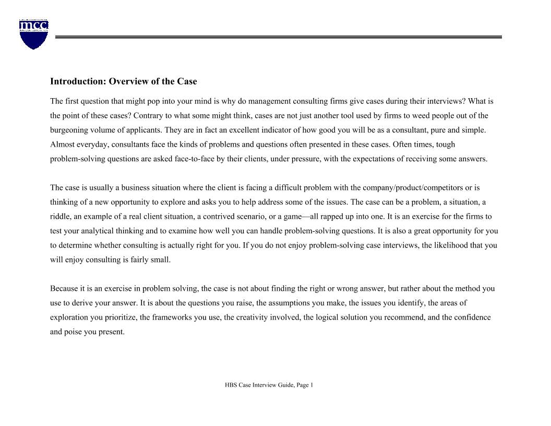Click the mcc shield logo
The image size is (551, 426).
(34, 34)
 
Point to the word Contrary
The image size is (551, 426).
(148, 116)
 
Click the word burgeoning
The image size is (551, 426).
(71, 130)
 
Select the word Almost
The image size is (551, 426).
(62, 145)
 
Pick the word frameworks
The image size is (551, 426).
(172, 317)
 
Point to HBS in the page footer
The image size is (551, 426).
(231, 385)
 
